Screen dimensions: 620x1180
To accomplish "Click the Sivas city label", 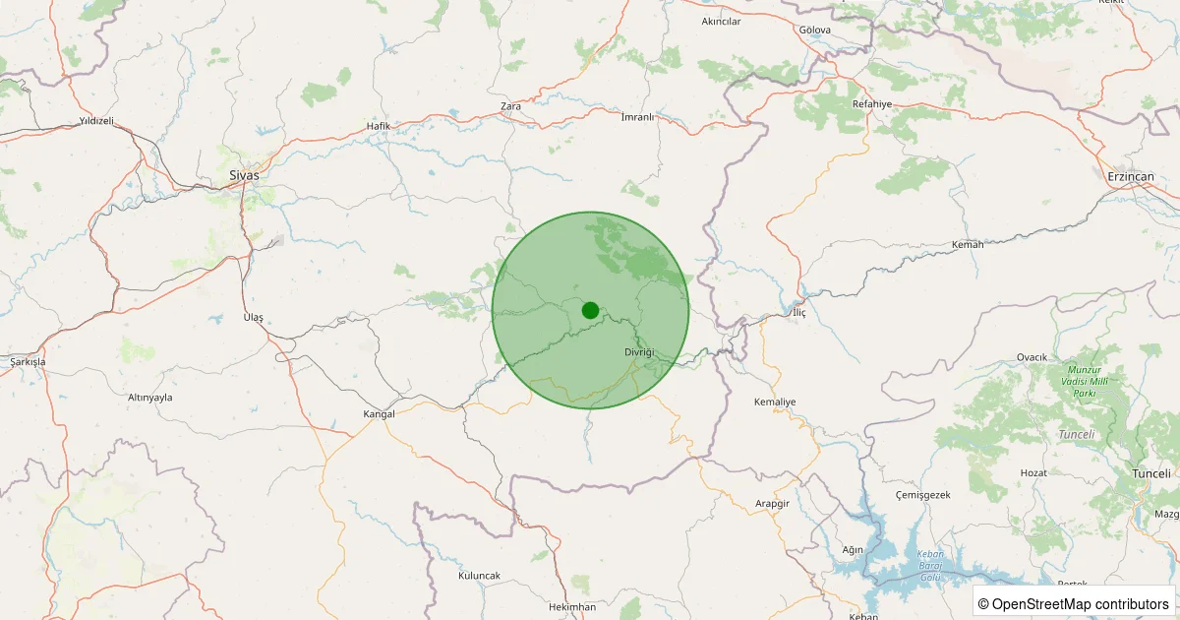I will [x=244, y=175].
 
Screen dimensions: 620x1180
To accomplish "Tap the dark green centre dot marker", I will [x=590, y=310].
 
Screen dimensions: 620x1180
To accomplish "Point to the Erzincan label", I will [x=1130, y=176].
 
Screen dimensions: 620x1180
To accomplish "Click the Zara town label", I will [x=510, y=105].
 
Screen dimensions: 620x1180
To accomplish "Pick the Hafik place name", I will [x=379, y=126].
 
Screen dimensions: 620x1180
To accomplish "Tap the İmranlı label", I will [x=637, y=117].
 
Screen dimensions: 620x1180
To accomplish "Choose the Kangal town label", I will [x=379, y=414].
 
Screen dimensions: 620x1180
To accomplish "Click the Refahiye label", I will [x=870, y=103].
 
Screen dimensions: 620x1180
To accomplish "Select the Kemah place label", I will [x=968, y=244].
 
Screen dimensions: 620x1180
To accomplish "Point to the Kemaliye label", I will [x=774, y=403].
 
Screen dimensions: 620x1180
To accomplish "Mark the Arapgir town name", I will [x=772, y=503].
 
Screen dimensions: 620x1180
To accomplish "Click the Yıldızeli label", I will [x=96, y=121].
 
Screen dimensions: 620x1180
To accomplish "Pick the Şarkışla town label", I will [x=28, y=362].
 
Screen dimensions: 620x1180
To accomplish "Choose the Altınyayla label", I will [x=150, y=398].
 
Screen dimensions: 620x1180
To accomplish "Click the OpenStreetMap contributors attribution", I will [x=1075, y=603].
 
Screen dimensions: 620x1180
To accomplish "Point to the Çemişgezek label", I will [x=923, y=494].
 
